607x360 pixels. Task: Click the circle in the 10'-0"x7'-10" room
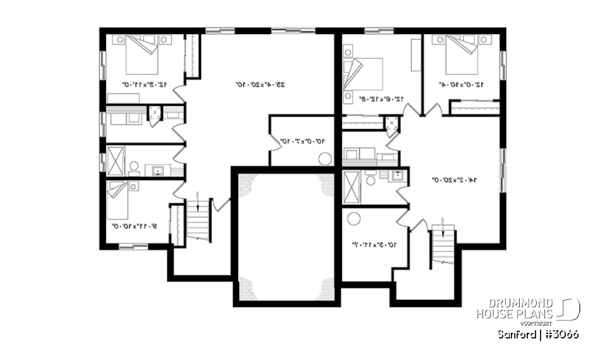click(325, 158)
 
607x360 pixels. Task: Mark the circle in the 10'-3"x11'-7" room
click(355, 219)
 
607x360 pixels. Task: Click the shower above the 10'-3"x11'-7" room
click(351, 185)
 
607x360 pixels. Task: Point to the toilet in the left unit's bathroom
click(134, 168)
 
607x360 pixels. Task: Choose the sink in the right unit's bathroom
click(397, 176)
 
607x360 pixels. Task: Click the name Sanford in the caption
click(515, 334)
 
